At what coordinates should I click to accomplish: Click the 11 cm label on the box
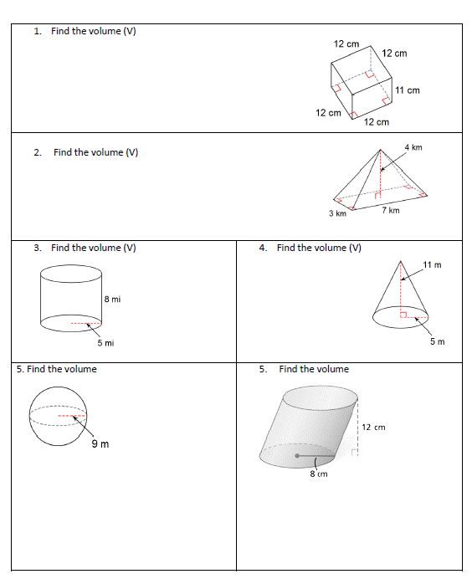pyautogui.click(x=408, y=90)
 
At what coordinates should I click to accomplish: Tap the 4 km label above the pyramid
pyautogui.click(x=413, y=147)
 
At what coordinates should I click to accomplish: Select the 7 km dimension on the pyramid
pyautogui.click(x=390, y=210)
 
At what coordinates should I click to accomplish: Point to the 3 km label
pyautogui.click(x=337, y=214)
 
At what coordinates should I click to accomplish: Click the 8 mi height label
pyautogui.click(x=112, y=300)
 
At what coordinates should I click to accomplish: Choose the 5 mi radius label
pyautogui.click(x=105, y=343)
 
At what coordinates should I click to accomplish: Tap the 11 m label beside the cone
pyautogui.click(x=432, y=265)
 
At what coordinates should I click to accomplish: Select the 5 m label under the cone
pyautogui.click(x=438, y=341)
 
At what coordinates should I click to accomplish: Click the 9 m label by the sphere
pyautogui.click(x=100, y=443)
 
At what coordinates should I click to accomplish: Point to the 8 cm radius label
pyautogui.click(x=318, y=474)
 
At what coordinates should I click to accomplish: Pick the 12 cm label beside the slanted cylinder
pyautogui.click(x=374, y=428)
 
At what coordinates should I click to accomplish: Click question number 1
pyautogui.click(x=38, y=32)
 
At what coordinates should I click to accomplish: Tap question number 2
pyautogui.click(x=38, y=153)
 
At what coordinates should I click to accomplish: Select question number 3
pyautogui.click(x=38, y=248)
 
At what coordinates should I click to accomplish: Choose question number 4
pyautogui.click(x=264, y=248)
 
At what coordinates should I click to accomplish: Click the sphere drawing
pyautogui.click(x=57, y=416)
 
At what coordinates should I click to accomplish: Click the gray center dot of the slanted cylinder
pyautogui.click(x=297, y=456)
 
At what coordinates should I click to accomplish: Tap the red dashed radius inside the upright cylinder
pyautogui.click(x=85, y=323)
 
